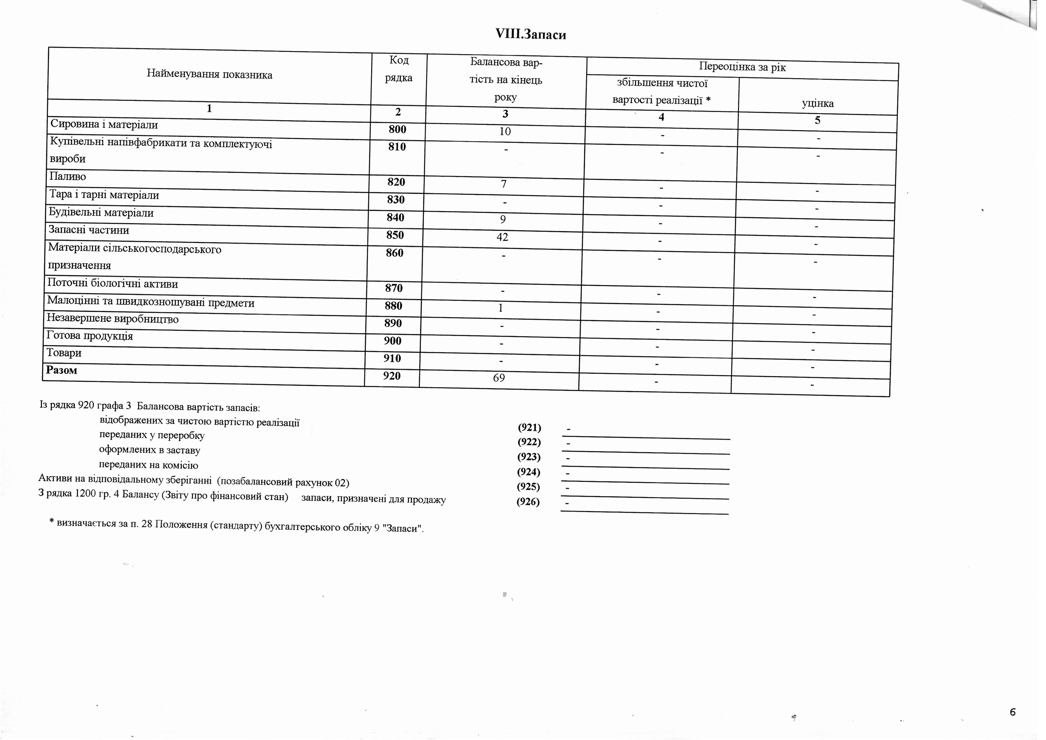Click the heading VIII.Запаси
point(531,35)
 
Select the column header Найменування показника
point(210,75)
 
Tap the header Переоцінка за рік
point(742,68)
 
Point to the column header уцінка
point(818,103)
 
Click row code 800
point(397,129)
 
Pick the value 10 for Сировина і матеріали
point(505,132)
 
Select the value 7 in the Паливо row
point(503,184)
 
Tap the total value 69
point(499,378)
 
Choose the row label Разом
point(62,370)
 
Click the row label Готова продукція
point(90,336)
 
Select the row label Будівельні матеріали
point(101,213)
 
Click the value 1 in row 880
point(501,308)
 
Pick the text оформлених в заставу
point(150,450)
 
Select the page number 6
point(1012,712)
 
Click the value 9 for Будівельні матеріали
point(503,219)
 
